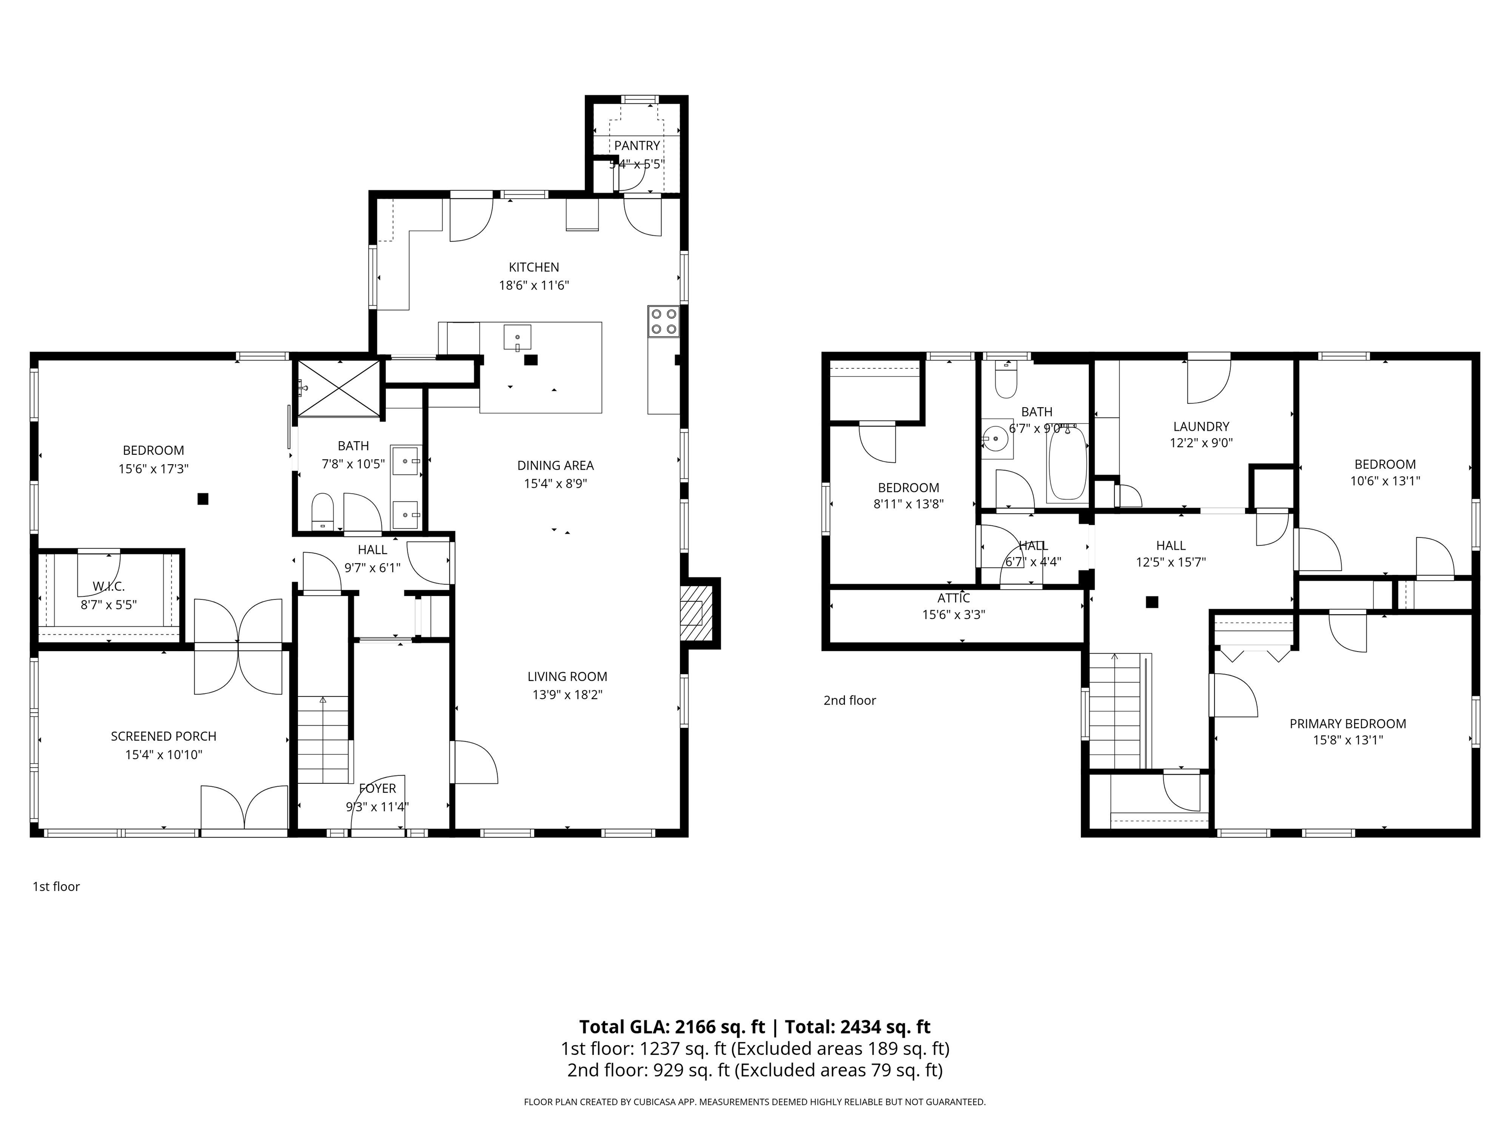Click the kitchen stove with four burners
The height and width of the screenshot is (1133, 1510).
[x=664, y=322]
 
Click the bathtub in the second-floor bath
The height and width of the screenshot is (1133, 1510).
[x=1067, y=464]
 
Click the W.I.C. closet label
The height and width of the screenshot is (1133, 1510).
[x=109, y=587]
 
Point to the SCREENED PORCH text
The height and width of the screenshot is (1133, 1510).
[x=163, y=736]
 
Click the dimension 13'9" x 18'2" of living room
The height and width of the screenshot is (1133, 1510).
[x=567, y=694]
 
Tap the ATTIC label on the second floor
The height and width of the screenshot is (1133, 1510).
[x=953, y=598]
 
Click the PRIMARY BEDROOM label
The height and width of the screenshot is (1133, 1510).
[x=1347, y=723]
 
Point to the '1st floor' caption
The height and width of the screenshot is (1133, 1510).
[x=56, y=887]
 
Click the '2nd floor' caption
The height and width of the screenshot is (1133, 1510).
[x=849, y=700]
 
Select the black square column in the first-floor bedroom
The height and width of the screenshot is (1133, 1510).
[x=203, y=499]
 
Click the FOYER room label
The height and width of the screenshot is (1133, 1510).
[x=377, y=789]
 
